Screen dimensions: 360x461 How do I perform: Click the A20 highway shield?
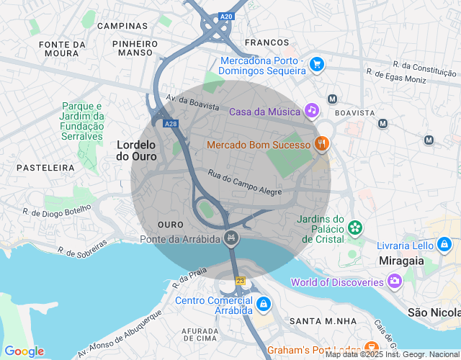click(227, 16)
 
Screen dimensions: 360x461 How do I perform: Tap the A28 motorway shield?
click(170, 124)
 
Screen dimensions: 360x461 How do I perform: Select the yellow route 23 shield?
click(240, 280)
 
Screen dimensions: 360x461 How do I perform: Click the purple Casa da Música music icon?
click(311, 111)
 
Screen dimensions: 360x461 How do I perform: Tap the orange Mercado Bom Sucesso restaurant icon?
click(322, 144)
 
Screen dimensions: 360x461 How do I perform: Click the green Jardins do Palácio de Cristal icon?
click(355, 228)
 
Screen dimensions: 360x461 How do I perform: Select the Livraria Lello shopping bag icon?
click(444, 246)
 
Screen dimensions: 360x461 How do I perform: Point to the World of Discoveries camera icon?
click(394, 281)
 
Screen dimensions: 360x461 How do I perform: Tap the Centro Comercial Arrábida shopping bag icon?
click(264, 305)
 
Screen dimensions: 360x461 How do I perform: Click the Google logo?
click(23, 351)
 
